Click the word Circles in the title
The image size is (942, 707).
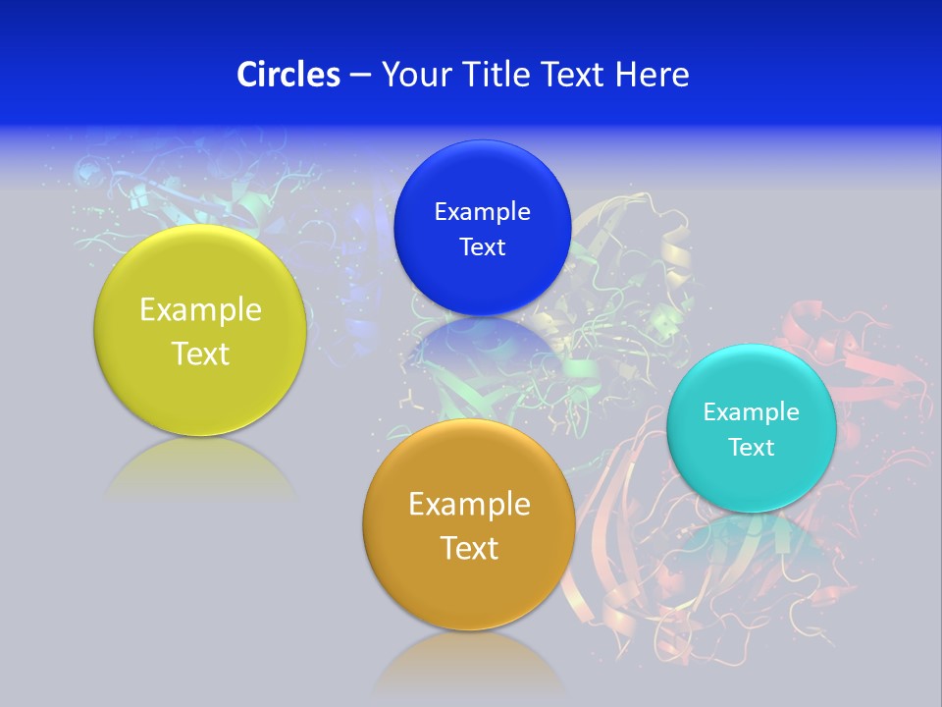pyautogui.click(x=288, y=75)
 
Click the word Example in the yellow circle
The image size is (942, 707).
pyautogui.click(x=200, y=310)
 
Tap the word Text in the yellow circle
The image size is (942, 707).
pyautogui.click(x=200, y=353)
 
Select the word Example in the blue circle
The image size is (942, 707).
pyautogui.click(x=482, y=212)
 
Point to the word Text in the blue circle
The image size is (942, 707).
pyautogui.click(x=482, y=247)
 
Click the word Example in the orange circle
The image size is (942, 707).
pyautogui.click(x=469, y=505)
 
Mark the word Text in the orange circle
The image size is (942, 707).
pyautogui.click(x=469, y=548)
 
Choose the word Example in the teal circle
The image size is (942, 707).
pyautogui.click(x=752, y=412)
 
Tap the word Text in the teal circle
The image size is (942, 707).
pyautogui.click(x=752, y=448)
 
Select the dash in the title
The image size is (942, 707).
pyautogui.click(x=360, y=75)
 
